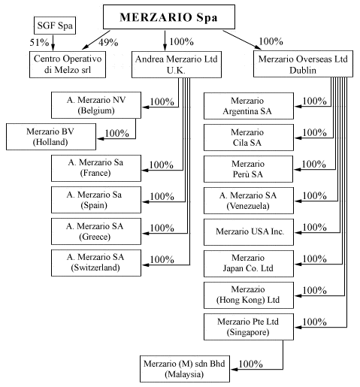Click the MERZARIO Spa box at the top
pyautogui.click(x=169, y=17)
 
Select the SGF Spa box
pyautogui.click(x=55, y=26)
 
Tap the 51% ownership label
pyautogui.click(x=39, y=42)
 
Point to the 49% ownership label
pyautogui.click(x=108, y=42)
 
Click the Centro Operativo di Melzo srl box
pyautogui.click(x=68, y=65)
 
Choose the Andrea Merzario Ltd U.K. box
pyautogui.click(x=177, y=65)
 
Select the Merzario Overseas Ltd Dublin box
pyautogui.click(x=303, y=64)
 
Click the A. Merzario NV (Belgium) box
pyautogui.click(x=96, y=105)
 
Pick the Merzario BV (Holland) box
pyautogui.click(x=51, y=137)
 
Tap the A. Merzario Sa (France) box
pyautogui.click(x=96, y=168)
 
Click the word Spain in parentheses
pyautogui.click(x=94, y=205)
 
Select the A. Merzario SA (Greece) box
pyautogui.click(x=96, y=231)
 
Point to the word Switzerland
pyautogui.click(x=95, y=268)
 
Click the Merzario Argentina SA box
pyautogui.click(x=249, y=106)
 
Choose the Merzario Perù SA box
pyautogui.click(x=248, y=169)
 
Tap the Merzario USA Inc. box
pyautogui.click(x=249, y=232)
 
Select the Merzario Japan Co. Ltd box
pyautogui.click(x=249, y=264)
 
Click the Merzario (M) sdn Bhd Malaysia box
pyautogui.click(x=185, y=369)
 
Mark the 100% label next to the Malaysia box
pyautogui.click(x=250, y=364)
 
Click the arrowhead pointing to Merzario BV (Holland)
pyautogui.click(x=101, y=138)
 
